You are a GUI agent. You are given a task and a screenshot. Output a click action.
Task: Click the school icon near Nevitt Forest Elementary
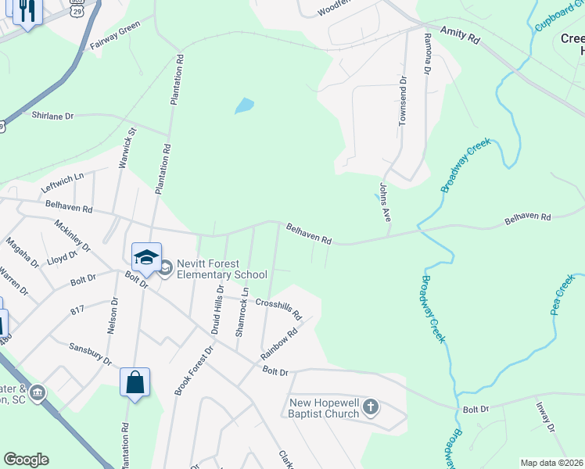pyautogui.click(x=146, y=256)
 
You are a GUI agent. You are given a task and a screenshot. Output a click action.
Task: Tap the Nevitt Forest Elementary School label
pyautogui.click(x=221, y=269)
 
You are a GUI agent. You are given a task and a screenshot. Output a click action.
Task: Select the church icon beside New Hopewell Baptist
pyautogui.click(x=371, y=406)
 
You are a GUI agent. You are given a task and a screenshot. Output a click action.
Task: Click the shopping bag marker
pyautogui.click(x=135, y=383)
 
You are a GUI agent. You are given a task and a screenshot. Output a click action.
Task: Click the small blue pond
pyautogui.click(x=245, y=105)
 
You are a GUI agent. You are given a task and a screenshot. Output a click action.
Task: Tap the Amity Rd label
pyautogui.click(x=459, y=34)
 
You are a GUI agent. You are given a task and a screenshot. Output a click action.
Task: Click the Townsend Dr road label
pyautogui.click(x=404, y=101)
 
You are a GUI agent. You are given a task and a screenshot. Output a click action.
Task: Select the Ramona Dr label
pyautogui.click(x=427, y=53)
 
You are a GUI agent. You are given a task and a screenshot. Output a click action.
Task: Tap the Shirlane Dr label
pyautogui.click(x=52, y=116)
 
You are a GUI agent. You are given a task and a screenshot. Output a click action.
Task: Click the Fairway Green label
pyautogui.click(x=114, y=35)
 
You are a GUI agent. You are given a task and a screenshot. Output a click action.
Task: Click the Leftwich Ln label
pyautogui.click(x=63, y=179)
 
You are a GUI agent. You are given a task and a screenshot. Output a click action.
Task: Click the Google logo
pyautogui.click(x=27, y=460)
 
